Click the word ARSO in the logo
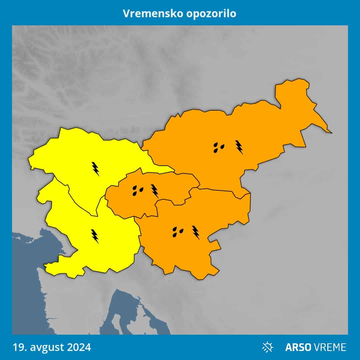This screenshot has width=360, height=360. tap(297, 347)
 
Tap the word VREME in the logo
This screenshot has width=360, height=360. tap(329, 347)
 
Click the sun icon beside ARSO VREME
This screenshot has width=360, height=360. tap(267, 347)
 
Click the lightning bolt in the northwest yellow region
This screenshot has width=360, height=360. tap(96, 169)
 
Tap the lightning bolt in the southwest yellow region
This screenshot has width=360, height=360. tap(95, 236)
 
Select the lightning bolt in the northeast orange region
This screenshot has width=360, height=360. tap(239, 147)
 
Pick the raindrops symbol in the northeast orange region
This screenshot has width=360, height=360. tap(219, 147)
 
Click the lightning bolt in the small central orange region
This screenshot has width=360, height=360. tap(154, 191)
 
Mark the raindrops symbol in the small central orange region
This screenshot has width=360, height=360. tap(137, 190)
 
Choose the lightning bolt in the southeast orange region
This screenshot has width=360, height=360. tap(196, 232)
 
